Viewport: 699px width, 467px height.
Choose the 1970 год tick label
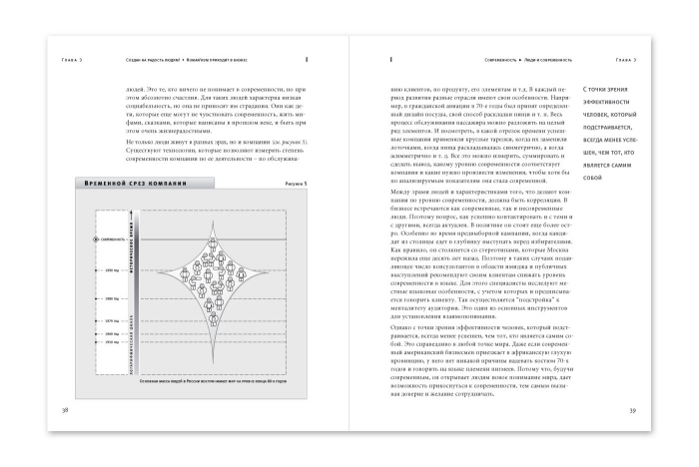[111, 320]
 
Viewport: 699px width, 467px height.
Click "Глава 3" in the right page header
[628, 59]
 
